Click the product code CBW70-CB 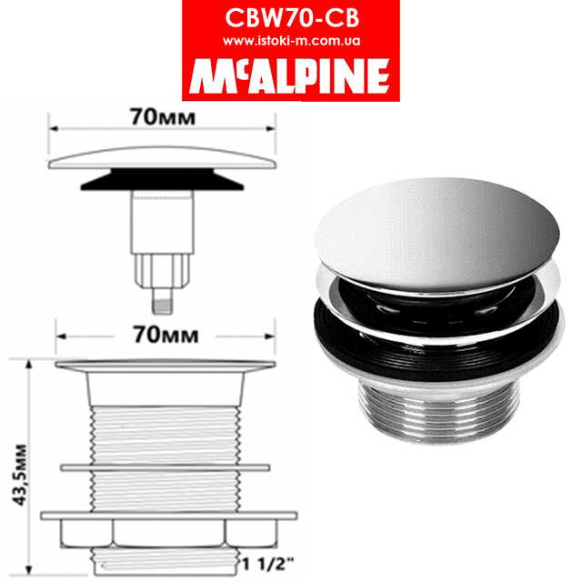pos(290,19)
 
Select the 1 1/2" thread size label pos(266,560)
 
